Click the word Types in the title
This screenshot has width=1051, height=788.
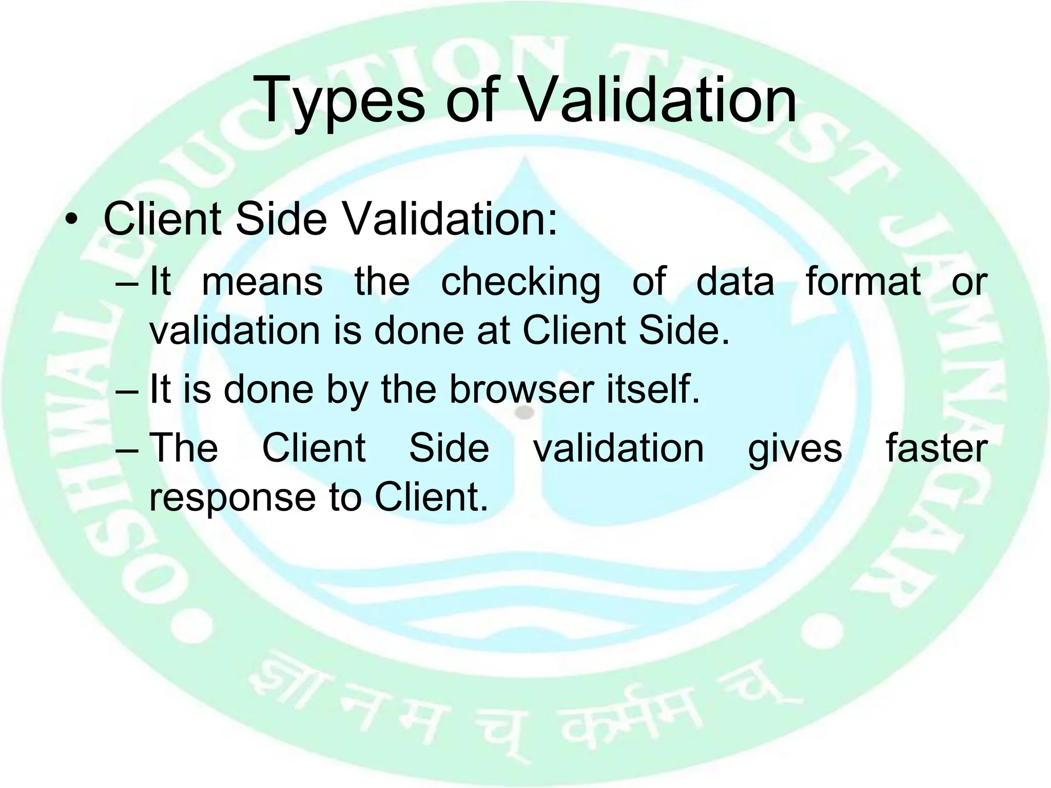339,100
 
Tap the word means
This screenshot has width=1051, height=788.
262,282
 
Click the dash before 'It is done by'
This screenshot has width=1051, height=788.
127,390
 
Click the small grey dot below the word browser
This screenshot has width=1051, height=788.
524,412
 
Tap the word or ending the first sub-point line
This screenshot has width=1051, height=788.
969,282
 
